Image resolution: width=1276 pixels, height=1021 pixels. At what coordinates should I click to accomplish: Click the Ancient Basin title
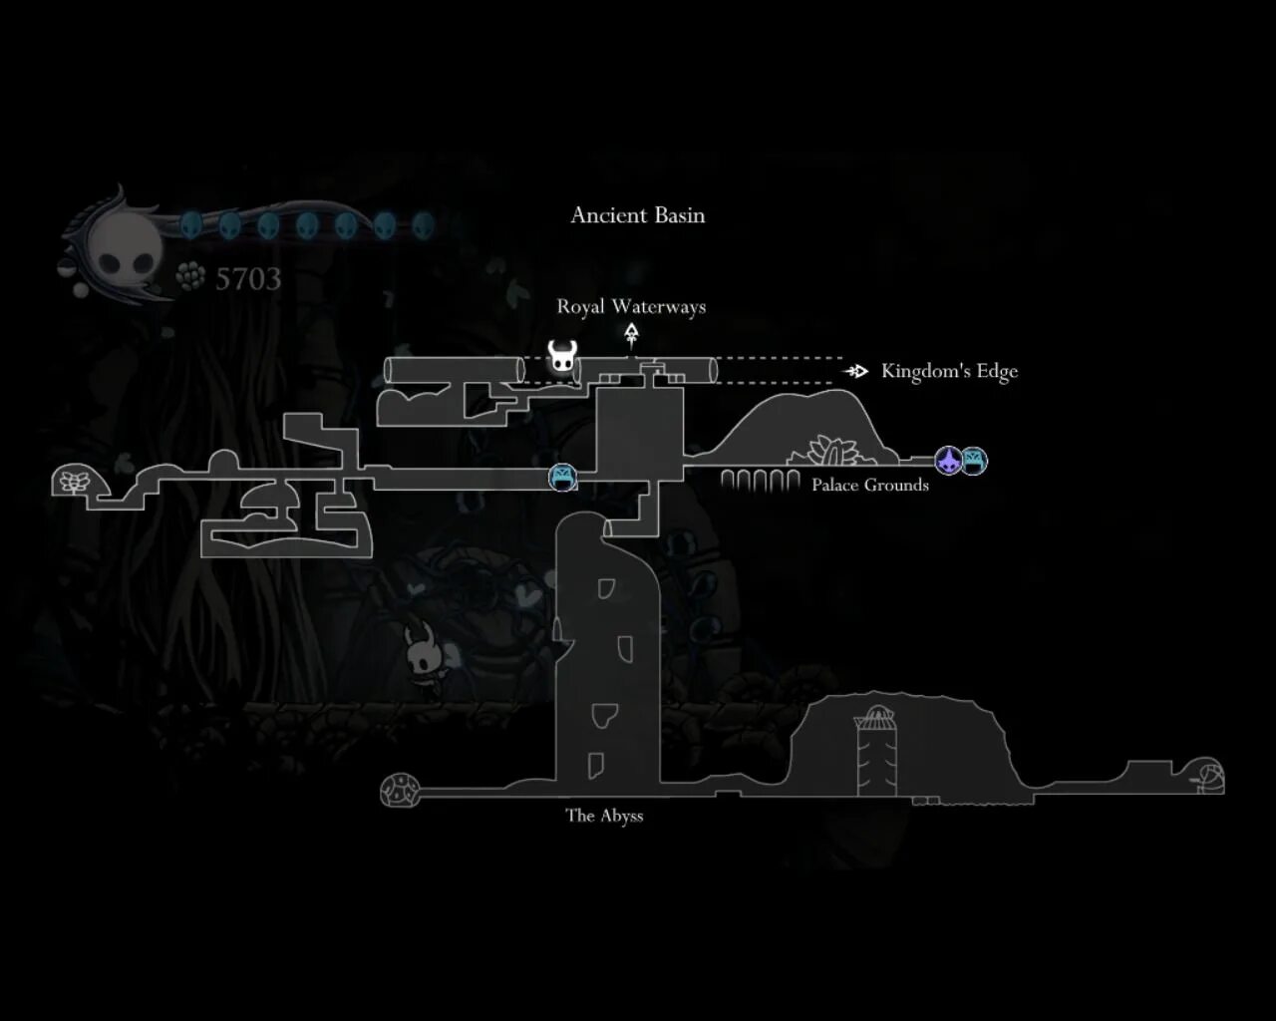click(637, 215)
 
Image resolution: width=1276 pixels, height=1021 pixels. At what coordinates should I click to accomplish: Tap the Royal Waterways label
click(631, 307)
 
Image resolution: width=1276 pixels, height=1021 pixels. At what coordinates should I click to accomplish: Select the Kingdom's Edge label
click(949, 371)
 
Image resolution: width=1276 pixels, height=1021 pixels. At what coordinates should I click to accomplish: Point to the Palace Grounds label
click(869, 486)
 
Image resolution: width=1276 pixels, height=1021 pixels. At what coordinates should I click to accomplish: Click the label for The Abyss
click(604, 816)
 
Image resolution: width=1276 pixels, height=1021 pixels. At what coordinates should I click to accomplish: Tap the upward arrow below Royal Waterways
click(631, 334)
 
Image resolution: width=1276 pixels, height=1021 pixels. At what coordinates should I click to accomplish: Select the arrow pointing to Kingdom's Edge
click(855, 371)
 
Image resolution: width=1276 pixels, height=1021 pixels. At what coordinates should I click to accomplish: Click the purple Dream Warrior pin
click(948, 461)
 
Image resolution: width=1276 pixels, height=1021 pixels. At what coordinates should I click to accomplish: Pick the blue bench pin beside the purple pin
click(974, 461)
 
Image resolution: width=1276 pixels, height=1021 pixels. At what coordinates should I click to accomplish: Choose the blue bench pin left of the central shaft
click(563, 477)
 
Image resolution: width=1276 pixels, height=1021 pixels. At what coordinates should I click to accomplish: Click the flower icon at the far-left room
click(73, 482)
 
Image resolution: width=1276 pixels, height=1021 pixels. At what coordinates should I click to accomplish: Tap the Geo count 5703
click(248, 279)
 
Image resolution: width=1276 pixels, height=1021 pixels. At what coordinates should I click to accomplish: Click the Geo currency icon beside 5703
click(190, 276)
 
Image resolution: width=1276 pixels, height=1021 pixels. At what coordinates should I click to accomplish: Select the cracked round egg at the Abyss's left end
click(401, 790)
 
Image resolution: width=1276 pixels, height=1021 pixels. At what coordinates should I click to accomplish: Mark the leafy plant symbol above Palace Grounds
click(829, 451)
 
